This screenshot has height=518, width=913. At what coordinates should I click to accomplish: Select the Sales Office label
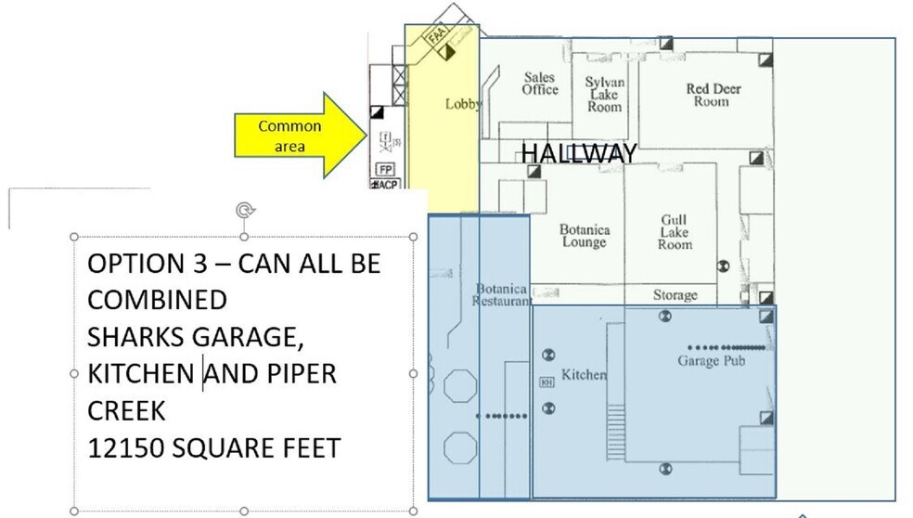pos(540,84)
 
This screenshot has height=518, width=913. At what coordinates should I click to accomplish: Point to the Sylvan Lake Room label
pos(604,95)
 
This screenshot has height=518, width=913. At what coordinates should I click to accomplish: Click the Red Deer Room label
pos(713,95)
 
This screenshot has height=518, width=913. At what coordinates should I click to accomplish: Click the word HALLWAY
pos(578,153)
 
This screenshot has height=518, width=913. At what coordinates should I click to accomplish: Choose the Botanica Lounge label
pos(584,236)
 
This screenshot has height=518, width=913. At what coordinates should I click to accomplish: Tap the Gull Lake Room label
pos(675,232)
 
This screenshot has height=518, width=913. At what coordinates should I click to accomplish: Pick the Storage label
pos(675,295)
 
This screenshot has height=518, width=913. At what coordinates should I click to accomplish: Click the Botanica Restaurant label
pos(502,295)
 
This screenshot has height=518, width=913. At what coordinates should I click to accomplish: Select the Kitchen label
pos(584,374)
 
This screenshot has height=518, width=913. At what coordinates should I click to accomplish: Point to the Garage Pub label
pos(711,361)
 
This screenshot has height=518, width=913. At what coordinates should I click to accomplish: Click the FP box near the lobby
pos(386,170)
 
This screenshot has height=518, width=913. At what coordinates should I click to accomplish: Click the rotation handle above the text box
pos(244,211)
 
